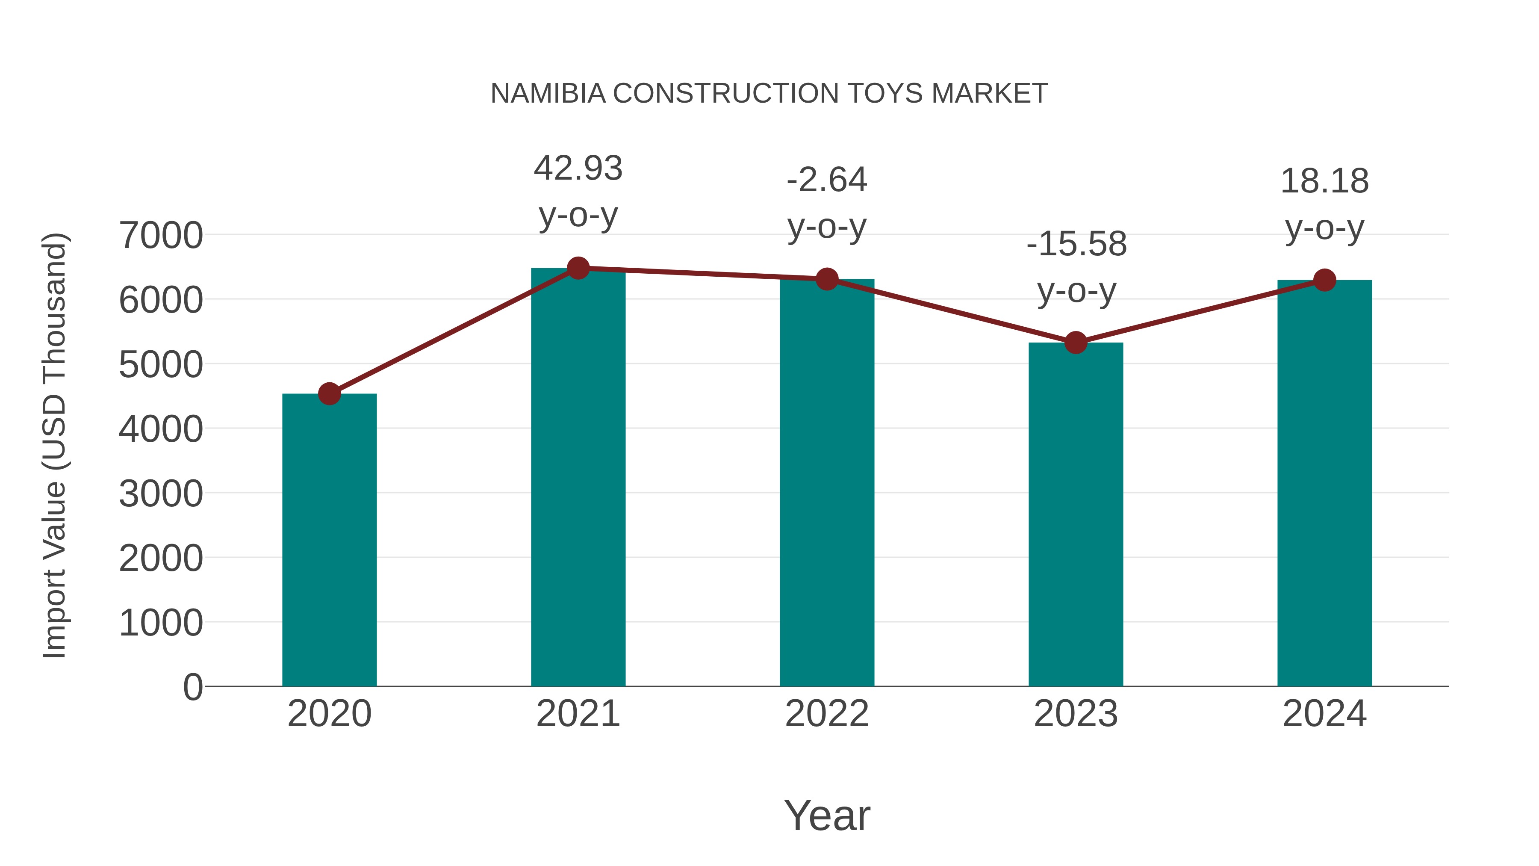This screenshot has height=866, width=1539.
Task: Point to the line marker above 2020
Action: click(x=329, y=394)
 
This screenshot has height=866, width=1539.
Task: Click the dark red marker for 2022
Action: click(x=826, y=279)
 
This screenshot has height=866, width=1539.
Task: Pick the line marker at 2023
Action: click(x=1076, y=343)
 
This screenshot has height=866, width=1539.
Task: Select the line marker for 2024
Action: click(x=1324, y=280)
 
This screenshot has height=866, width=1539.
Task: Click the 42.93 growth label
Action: click(x=578, y=168)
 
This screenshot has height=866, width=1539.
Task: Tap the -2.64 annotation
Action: click(x=826, y=180)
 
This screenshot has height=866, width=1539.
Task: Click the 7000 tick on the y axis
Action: click(x=161, y=236)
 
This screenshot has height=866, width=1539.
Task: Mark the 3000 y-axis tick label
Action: click(x=161, y=494)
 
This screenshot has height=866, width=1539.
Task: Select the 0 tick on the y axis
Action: click(x=192, y=687)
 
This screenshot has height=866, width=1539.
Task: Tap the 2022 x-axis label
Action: click(x=826, y=714)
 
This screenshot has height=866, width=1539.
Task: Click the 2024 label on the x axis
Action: click(x=1324, y=714)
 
